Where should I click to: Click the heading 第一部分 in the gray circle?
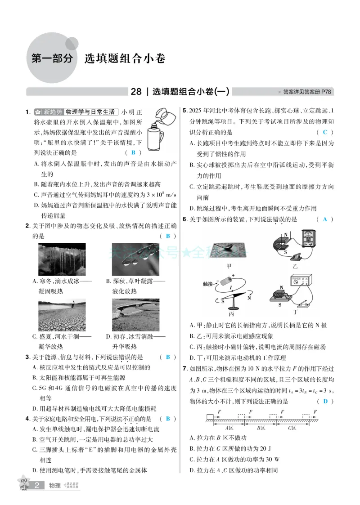pyautogui.click(x=52, y=58)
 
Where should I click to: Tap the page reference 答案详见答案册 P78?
pyautogui.click(x=306, y=92)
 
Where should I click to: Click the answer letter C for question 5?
pyautogui.click(x=325, y=132)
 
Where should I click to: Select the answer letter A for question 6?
pyautogui.click(x=325, y=219)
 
